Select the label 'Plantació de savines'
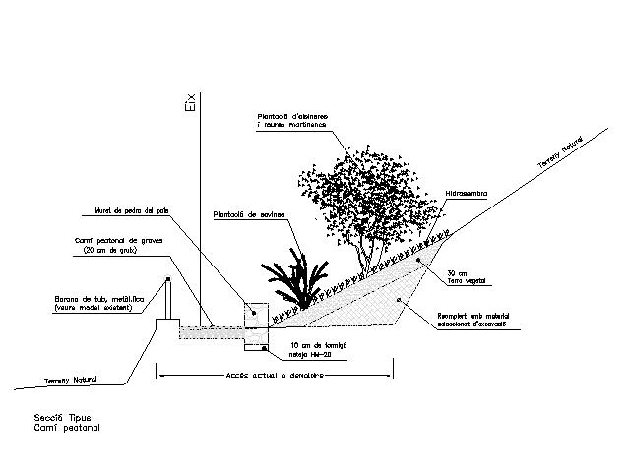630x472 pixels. pyautogui.click(x=248, y=213)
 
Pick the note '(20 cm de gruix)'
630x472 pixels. pyautogui.click(x=105, y=251)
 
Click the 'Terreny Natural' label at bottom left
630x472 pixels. pyautogui.click(x=72, y=380)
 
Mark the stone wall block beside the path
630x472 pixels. pyautogui.click(x=256, y=313)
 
